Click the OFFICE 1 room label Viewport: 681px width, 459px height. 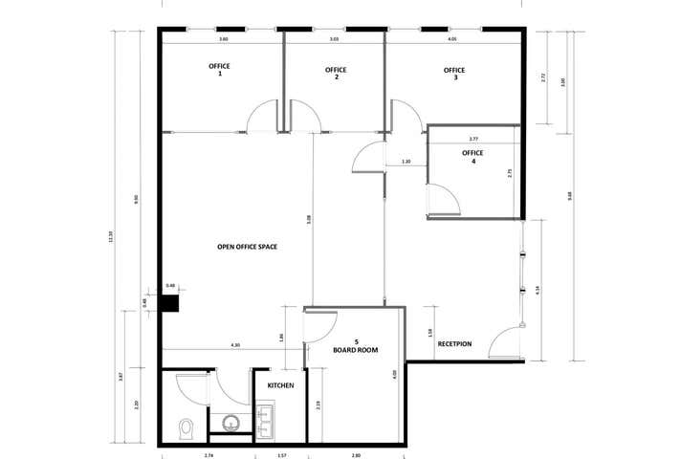pyautogui.click(x=220, y=70)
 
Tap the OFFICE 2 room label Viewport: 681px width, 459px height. pyautogui.click(x=336, y=74)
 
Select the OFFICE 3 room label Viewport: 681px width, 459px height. pyautogui.click(x=454, y=74)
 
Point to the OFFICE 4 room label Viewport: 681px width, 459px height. pyautogui.click(x=472, y=157)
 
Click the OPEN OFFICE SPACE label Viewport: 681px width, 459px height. pyautogui.click(x=247, y=247)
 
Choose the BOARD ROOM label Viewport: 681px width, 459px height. pyautogui.click(x=356, y=346)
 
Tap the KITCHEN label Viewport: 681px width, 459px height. pyautogui.click(x=279, y=384)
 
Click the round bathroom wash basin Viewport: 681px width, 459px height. pyautogui.click(x=231, y=422)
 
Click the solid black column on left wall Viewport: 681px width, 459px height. pyautogui.click(x=170, y=304)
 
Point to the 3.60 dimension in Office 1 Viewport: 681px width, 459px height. pyautogui.click(x=223, y=40)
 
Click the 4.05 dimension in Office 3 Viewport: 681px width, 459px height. pyautogui.click(x=451, y=40)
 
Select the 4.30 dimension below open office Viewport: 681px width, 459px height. pyautogui.click(x=234, y=345)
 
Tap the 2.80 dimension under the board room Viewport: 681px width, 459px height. pyautogui.click(x=356, y=453)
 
